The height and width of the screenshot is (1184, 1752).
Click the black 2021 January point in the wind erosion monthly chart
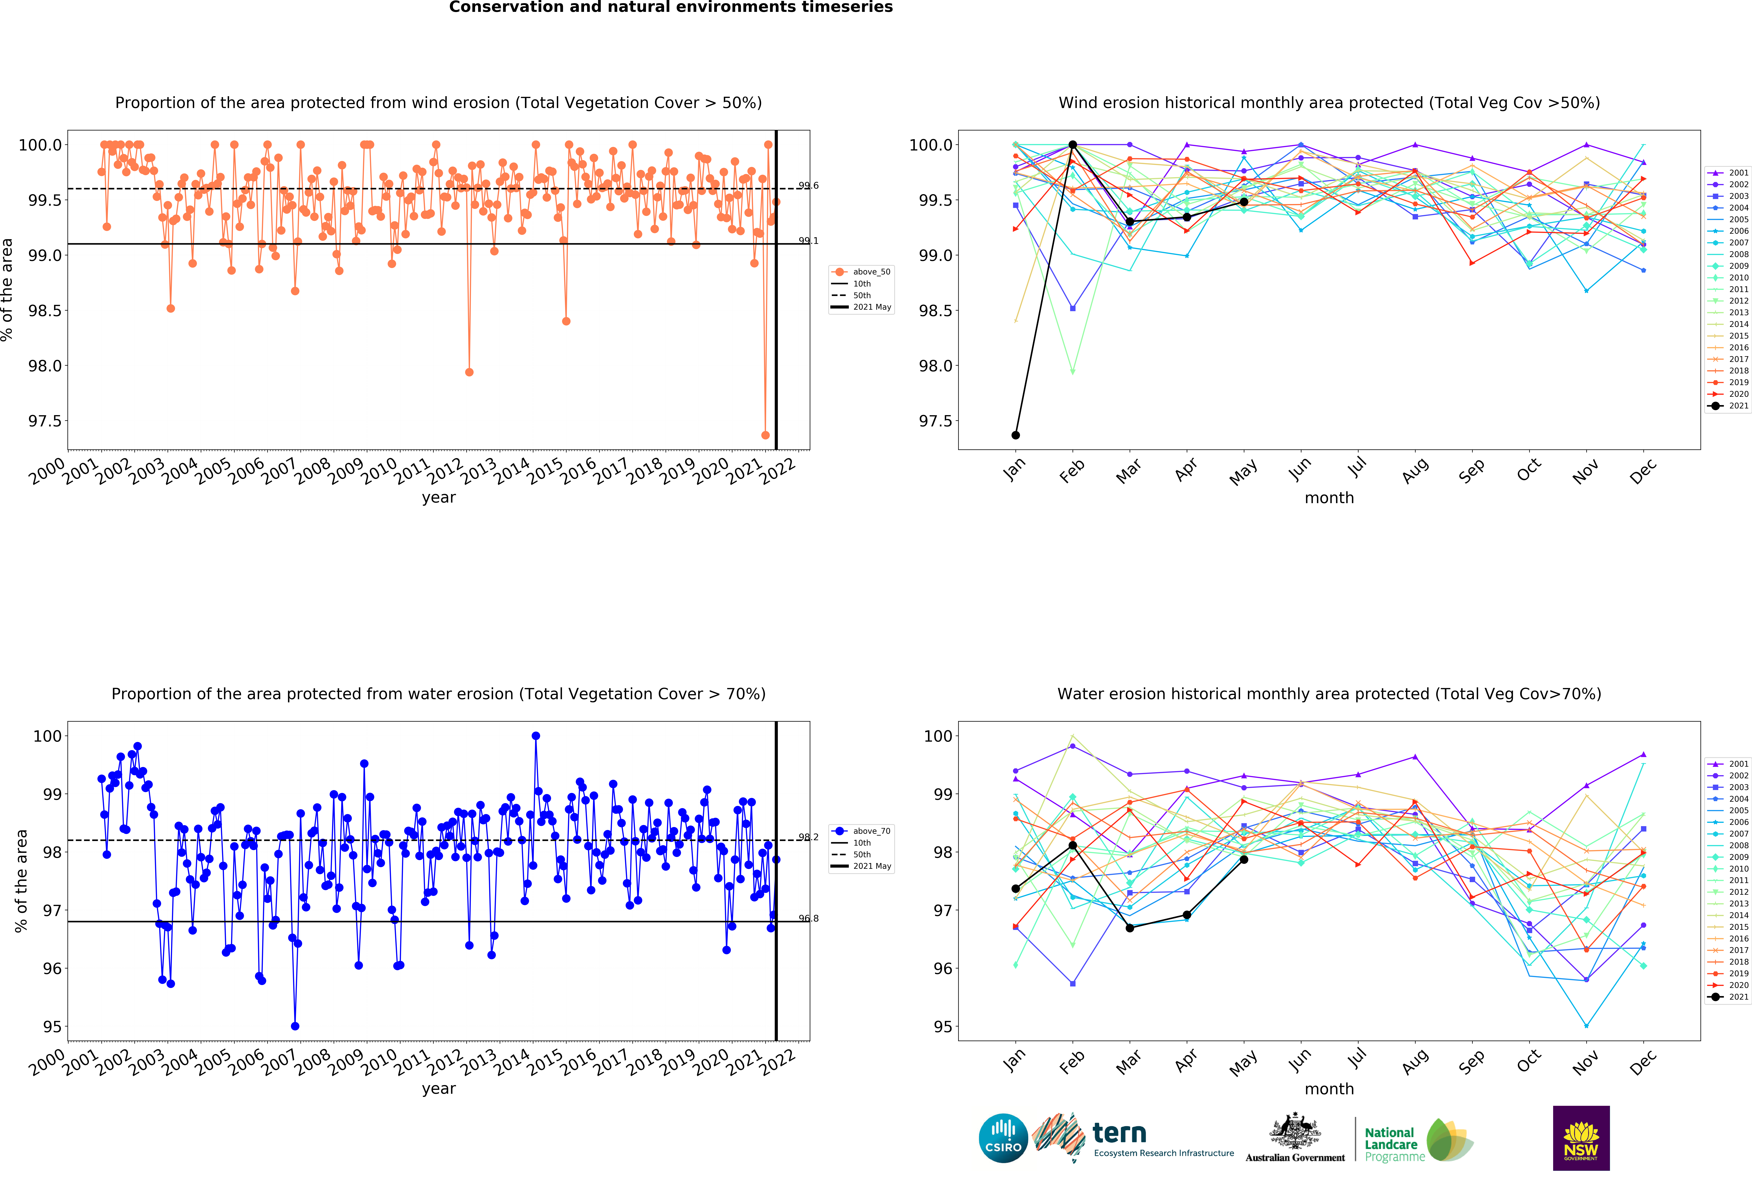click(x=1015, y=435)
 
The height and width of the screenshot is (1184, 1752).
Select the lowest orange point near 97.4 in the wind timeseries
click(x=765, y=435)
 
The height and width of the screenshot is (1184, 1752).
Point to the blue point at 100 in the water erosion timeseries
click(x=535, y=736)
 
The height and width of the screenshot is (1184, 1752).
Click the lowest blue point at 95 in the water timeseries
click(x=295, y=1026)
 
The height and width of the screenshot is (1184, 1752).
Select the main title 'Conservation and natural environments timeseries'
click(x=671, y=8)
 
